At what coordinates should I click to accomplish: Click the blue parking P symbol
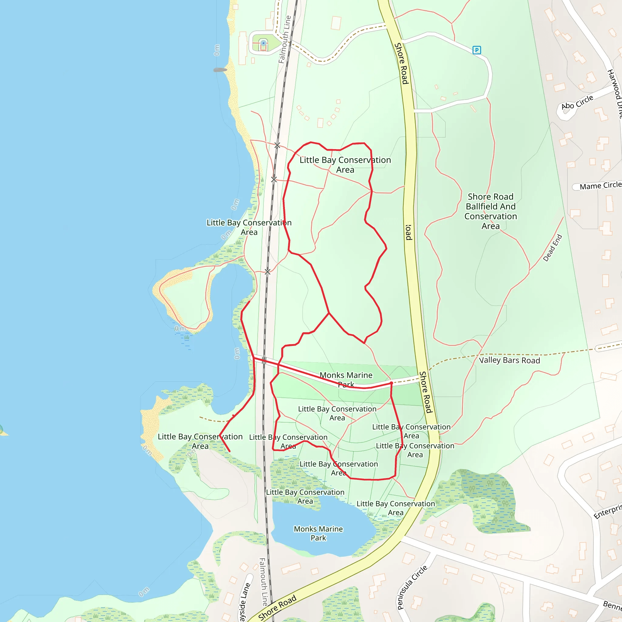tap(477, 50)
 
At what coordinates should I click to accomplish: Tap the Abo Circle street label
tap(577, 102)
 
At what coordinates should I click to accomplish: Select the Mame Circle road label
tap(600, 186)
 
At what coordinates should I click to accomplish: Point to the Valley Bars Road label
tap(509, 360)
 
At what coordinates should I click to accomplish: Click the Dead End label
tap(552, 248)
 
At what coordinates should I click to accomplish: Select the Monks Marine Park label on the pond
tap(318, 533)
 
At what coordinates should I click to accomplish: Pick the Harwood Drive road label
tap(615, 93)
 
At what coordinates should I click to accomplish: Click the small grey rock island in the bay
tap(220, 70)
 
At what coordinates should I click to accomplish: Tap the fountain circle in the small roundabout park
tap(263, 43)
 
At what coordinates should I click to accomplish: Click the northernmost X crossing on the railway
tap(277, 145)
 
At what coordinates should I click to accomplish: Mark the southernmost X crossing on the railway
tap(267, 272)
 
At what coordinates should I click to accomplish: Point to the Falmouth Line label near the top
tap(285, 39)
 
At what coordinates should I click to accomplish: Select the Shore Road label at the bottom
tap(277, 607)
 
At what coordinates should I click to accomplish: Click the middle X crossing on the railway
tap(274, 179)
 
